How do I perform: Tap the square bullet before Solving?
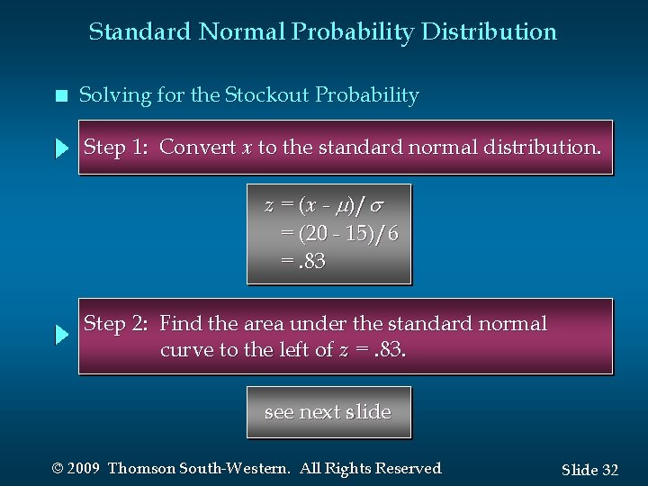[60, 96]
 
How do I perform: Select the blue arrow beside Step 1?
[61, 148]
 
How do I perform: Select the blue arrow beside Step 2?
[61, 335]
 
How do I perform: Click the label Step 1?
[116, 147]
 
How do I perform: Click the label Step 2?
[116, 323]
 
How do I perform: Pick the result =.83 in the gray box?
[303, 262]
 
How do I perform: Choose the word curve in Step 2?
[186, 350]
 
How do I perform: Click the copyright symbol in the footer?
[58, 469]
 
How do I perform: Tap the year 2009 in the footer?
[85, 469]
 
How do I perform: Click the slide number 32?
[609, 470]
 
